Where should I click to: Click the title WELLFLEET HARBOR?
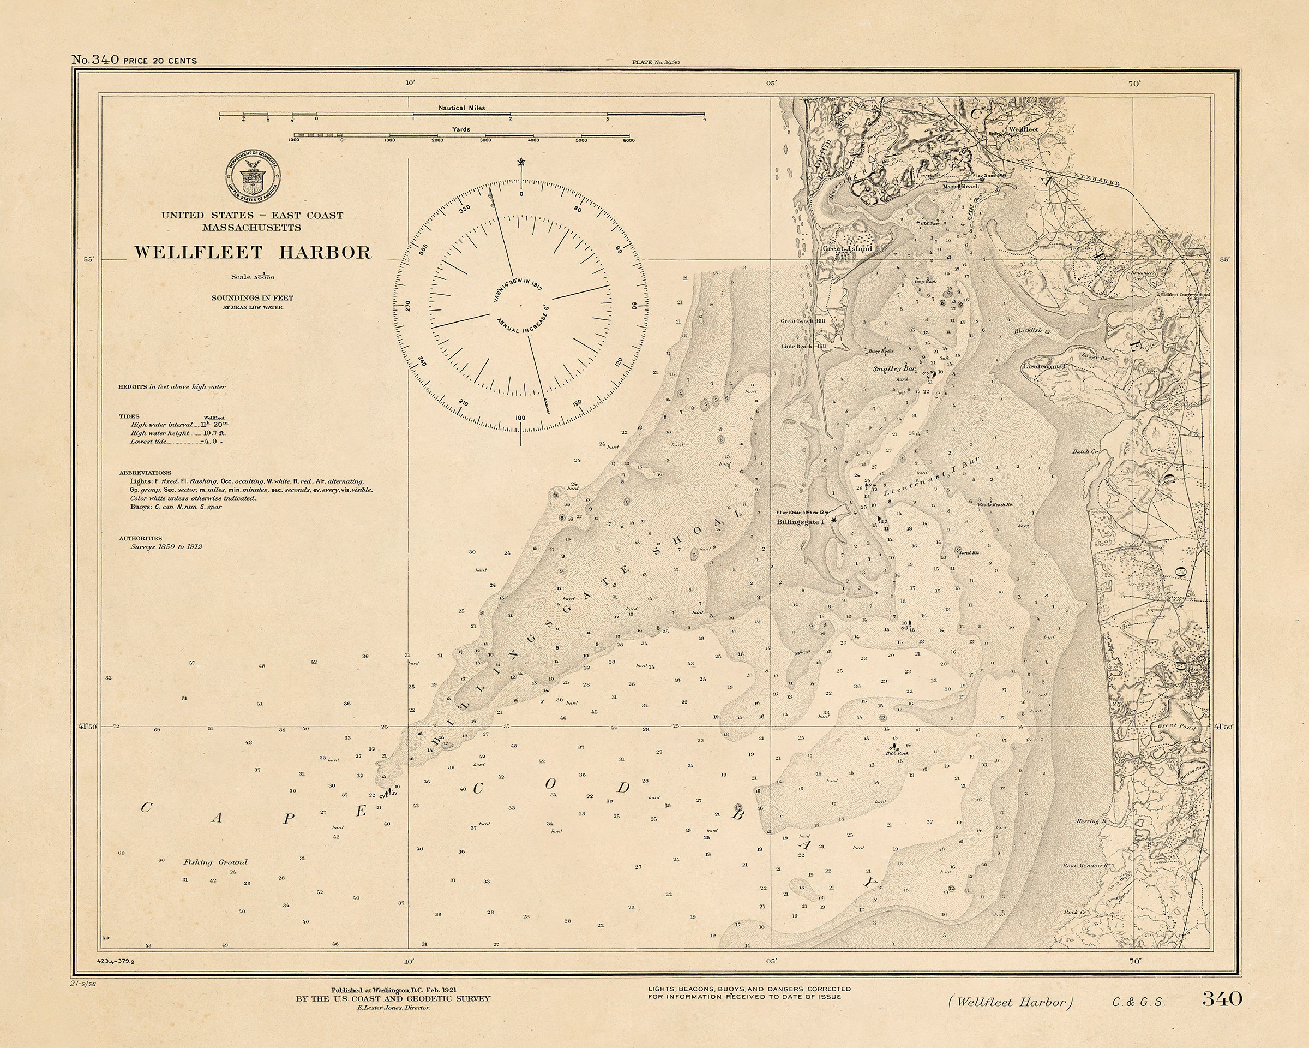coord(252,253)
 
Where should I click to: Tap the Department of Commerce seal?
coord(254,177)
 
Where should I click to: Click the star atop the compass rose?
coord(520,162)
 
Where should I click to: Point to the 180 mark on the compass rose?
coord(520,418)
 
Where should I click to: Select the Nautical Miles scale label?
coord(461,108)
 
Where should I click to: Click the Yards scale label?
coord(461,129)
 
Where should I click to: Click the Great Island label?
coord(847,248)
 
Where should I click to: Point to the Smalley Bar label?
coord(894,369)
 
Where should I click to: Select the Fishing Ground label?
coord(215,861)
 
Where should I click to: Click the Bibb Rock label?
coord(897,753)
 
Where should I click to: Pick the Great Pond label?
coord(1176,725)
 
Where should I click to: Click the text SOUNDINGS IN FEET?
coord(252,297)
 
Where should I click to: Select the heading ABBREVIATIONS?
coord(145,473)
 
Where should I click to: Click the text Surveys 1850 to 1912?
coord(166,546)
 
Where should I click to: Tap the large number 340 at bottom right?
coord(1222,998)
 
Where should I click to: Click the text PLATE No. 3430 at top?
coord(655,62)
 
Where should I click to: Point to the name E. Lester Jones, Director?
coord(393,1007)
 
